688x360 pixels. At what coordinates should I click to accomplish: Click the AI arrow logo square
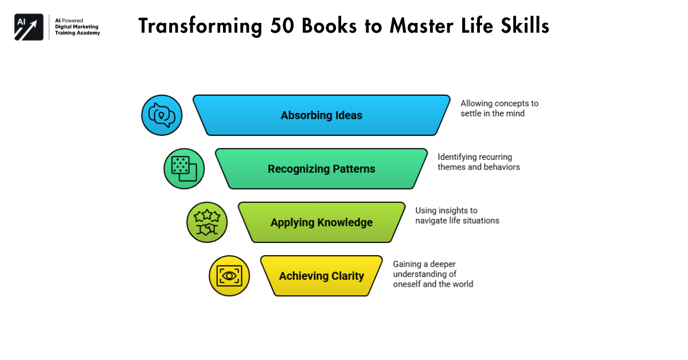[29, 27]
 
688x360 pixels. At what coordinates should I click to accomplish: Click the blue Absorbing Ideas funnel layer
[321, 115]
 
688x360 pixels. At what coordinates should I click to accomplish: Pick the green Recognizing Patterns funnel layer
[321, 169]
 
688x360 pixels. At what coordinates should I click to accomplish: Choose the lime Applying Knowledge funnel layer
[321, 222]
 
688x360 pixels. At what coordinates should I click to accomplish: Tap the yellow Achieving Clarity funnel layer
[321, 276]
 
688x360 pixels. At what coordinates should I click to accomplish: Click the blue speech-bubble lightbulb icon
[162, 115]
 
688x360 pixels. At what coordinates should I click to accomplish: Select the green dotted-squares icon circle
[184, 169]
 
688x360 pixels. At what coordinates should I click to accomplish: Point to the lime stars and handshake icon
[207, 222]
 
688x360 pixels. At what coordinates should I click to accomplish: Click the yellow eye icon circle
[229, 276]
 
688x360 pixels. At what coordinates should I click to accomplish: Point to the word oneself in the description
[406, 284]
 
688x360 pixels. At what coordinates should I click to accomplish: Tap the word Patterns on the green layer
[355, 169]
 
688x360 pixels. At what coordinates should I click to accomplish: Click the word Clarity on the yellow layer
[347, 276]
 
